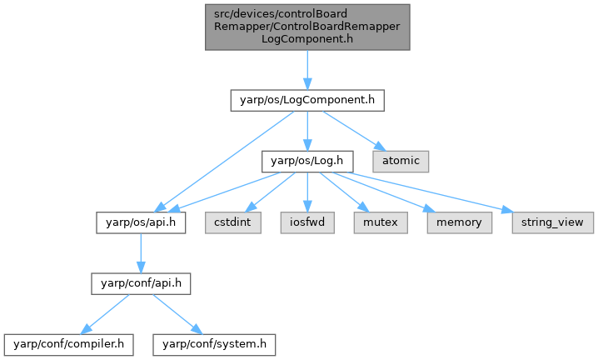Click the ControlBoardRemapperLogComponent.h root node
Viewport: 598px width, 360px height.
[307, 27]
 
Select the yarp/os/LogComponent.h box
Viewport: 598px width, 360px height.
[306, 101]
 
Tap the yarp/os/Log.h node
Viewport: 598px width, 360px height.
[306, 158]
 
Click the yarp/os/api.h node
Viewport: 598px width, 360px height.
[140, 222]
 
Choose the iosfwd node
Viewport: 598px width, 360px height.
[307, 222]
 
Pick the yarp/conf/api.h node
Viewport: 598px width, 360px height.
[141, 283]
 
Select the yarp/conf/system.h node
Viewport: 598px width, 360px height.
[212, 342]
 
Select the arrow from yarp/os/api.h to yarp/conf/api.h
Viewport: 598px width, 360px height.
[140, 252]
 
